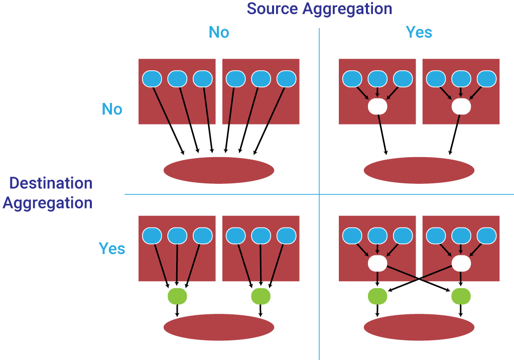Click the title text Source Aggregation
pyautogui.click(x=319, y=9)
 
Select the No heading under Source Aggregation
pyautogui.click(x=219, y=33)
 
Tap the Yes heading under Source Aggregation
pyautogui.click(x=419, y=33)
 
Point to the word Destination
pyautogui.click(x=51, y=183)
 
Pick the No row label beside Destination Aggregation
pyautogui.click(x=112, y=109)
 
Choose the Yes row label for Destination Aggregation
pyautogui.click(x=112, y=249)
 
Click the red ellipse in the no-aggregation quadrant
pyautogui.click(x=219, y=170)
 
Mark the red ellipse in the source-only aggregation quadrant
pyautogui.click(x=419, y=170)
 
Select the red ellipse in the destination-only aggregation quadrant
pyautogui.click(x=219, y=327)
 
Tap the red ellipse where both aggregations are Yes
pyautogui.click(x=419, y=327)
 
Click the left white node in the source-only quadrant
pyautogui.click(x=377, y=106)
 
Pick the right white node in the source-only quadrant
pyautogui.click(x=461, y=106)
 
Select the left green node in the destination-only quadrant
pyautogui.click(x=177, y=296)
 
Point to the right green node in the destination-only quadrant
pyautogui.click(x=261, y=296)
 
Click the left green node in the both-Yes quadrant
pyautogui.click(x=377, y=296)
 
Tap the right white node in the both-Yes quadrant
pyautogui.click(x=461, y=263)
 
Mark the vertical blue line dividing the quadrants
pyautogui.click(x=319, y=126)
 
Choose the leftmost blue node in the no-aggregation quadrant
pyautogui.click(x=152, y=79)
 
